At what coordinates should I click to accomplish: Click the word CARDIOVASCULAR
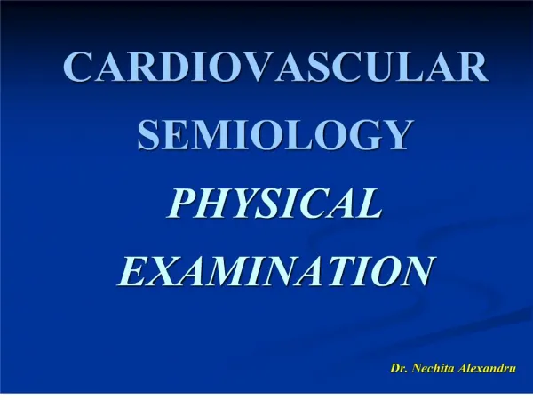pyautogui.click(x=275, y=66)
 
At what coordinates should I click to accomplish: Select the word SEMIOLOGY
pyautogui.click(x=275, y=134)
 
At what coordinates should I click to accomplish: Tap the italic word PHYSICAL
pyautogui.click(x=274, y=203)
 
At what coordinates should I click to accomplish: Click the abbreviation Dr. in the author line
pyautogui.click(x=399, y=368)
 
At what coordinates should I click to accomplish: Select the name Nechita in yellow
pyautogui.click(x=434, y=368)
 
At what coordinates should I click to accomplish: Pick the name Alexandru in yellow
pyautogui.click(x=487, y=368)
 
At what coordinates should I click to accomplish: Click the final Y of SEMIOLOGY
pyautogui.click(x=395, y=134)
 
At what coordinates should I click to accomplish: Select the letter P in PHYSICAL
pyautogui.click(x=182, y=203)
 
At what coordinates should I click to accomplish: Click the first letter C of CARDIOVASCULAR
pyautogui.click(x=78, y=66)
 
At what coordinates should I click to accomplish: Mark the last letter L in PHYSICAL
pyautogui.click(x=369, y=203)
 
